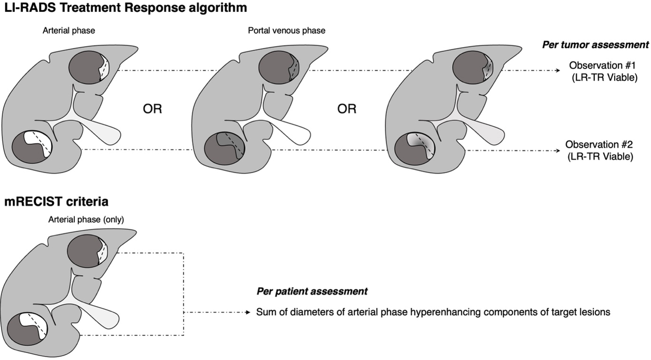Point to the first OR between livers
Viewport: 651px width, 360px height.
pyautogui.click(x=152, y=109)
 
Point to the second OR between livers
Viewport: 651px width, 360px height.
pyautogui.click(x=347, y=109)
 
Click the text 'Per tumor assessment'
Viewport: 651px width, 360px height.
pyautogui.click(x=595, y=45)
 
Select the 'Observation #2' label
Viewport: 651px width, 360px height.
pyautogui.click(x=599, y=144)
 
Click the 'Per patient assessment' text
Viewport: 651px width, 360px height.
pyautogui.click(x=312, y=291)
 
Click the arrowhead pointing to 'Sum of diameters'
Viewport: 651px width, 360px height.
pyautogui.click(x=248, y=313)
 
